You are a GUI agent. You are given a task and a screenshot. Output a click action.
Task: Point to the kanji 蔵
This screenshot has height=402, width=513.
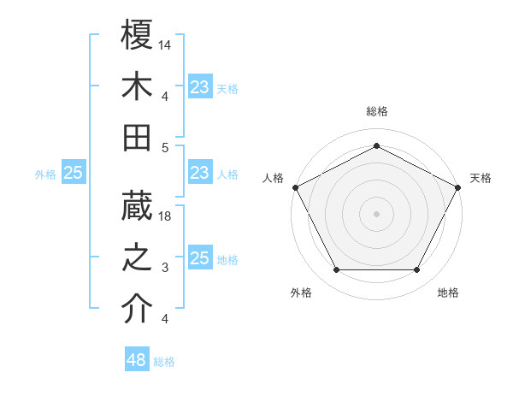coord(138,205)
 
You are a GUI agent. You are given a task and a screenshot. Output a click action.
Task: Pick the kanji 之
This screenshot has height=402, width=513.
coord(138,257)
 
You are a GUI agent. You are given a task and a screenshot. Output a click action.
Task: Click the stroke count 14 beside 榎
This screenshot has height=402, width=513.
coord(166,44)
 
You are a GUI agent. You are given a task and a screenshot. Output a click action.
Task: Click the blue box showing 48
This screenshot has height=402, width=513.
coord(137,360)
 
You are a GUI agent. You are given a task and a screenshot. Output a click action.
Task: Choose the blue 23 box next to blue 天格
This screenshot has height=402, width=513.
coord(199,87)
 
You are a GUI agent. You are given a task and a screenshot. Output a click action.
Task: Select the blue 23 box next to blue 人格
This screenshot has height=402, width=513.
coord(199,173)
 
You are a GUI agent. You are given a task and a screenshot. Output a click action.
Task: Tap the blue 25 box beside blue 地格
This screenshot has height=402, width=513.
coord(199,258)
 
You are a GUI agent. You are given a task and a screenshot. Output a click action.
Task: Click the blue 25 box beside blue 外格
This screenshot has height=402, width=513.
coord(74,173)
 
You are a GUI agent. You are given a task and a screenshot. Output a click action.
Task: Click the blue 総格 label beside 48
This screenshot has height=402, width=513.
coord(164,362)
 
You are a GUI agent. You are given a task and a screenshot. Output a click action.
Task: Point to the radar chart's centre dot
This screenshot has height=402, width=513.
coord(376,213)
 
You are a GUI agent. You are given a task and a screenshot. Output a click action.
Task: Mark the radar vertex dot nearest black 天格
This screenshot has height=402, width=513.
coord(459,186)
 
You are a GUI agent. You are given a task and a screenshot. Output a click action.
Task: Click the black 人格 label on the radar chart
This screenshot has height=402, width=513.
coord(273,178)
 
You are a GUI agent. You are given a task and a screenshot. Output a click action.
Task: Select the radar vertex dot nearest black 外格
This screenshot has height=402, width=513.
coord(336,270)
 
